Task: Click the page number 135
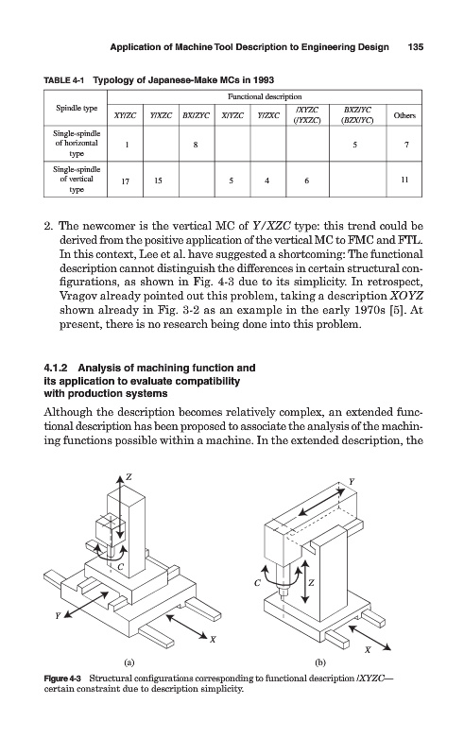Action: (415, 46)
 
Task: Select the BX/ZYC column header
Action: (197, 115)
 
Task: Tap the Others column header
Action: (404, 115)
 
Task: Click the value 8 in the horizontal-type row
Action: (196, 144)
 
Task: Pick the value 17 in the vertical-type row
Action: (125, 180)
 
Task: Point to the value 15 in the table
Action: (158, 180)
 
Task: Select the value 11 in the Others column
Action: (404, 180)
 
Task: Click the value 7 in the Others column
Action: (406, 144)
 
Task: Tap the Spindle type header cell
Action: (77, 108)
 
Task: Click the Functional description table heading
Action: (265, 97)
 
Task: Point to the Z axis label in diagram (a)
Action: (129, 477)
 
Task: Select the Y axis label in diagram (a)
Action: (58, 616)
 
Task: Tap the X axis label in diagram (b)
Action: (368, 649)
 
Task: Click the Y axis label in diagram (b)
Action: (352, 481)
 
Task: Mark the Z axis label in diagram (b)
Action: (311, 583)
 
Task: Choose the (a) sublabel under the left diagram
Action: (129, 662)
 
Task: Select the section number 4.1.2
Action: (56, 368)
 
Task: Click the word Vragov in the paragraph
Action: (76, 296)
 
